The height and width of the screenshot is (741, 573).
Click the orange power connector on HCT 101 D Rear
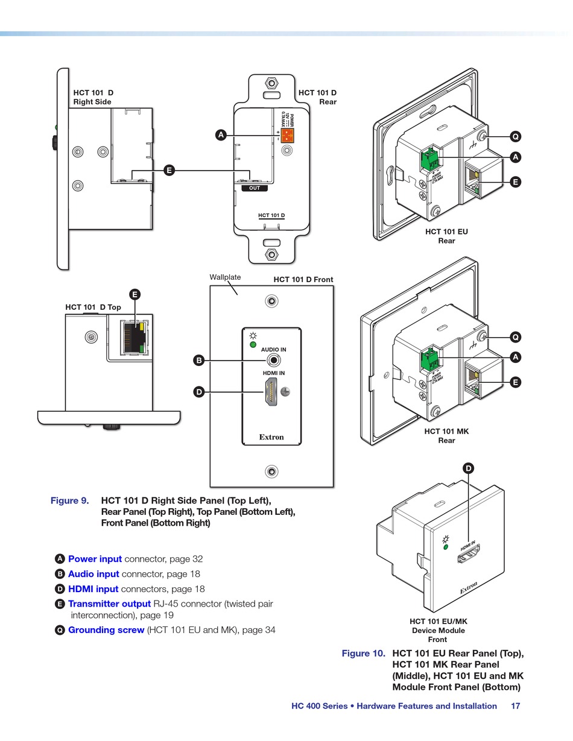point(287,136)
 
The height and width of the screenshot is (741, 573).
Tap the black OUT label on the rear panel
point(255,188)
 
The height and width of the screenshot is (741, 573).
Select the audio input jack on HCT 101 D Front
point(274,361)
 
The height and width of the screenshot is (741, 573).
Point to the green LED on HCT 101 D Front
point(253,345)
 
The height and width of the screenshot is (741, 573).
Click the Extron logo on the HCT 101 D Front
point(271,437)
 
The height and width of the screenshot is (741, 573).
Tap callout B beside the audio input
point(199,361)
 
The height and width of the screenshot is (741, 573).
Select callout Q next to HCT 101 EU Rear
point(515,136)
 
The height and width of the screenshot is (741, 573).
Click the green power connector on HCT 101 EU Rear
point(431,159)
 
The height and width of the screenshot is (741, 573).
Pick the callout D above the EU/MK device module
point(469,468)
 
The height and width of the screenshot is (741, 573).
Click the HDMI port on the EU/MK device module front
point(469,555)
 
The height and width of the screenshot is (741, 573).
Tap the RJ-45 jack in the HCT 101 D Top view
point(133,337)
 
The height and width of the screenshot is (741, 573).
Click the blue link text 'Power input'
point(95,559)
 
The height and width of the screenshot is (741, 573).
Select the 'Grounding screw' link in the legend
point(106,630)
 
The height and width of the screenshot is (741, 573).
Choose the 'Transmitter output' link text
point(109,604)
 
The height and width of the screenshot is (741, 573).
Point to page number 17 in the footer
point(515,706)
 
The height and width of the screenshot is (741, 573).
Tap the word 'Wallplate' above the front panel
point(225,277)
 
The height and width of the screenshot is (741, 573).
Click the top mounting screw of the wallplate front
point(272,300)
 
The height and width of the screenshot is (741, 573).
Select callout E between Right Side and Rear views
point(169,171)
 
